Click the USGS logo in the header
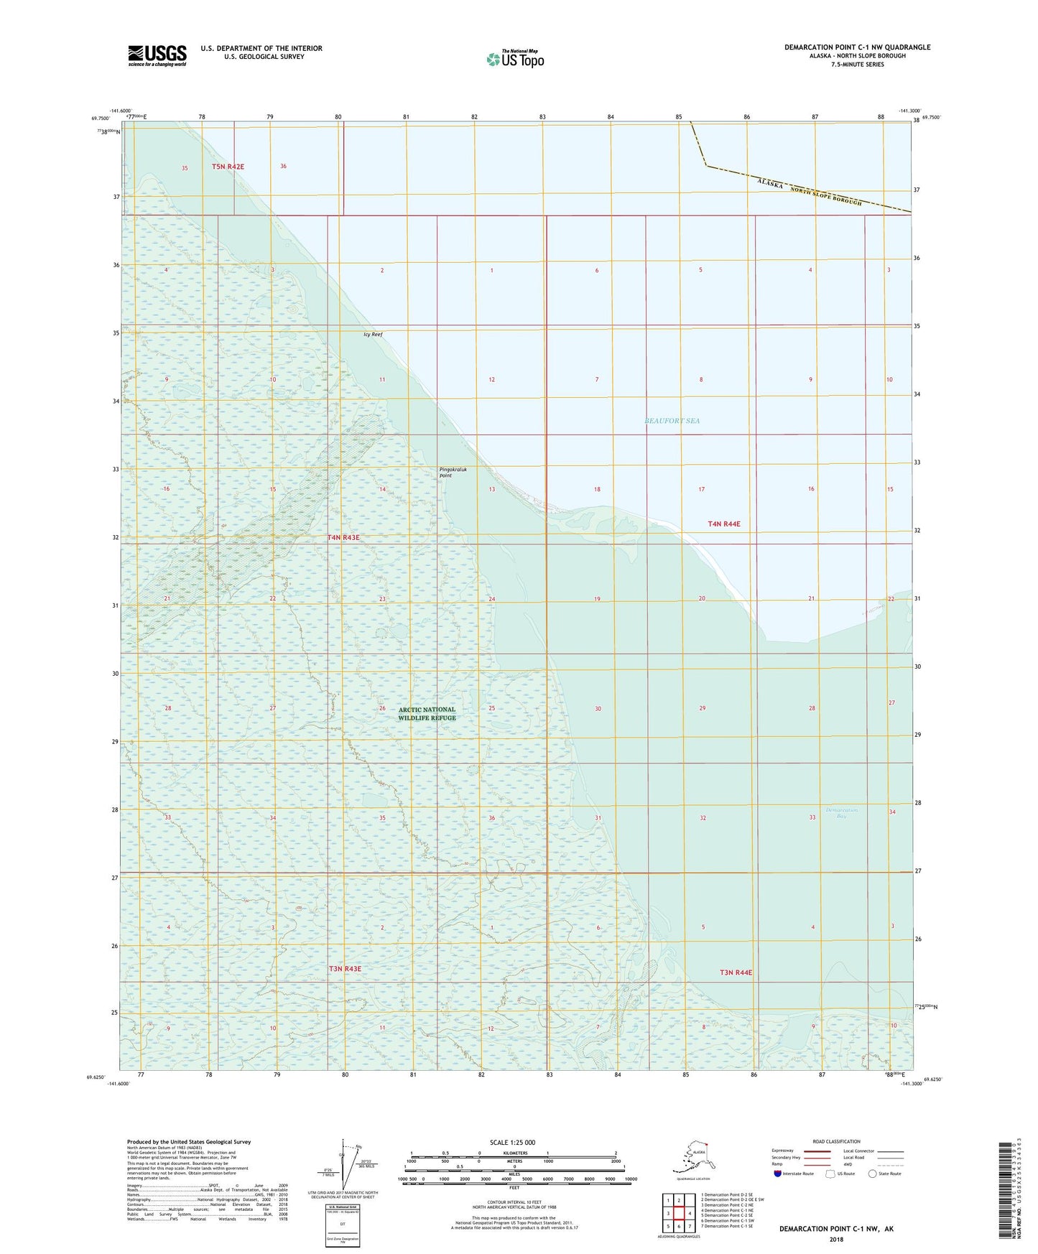(157, 55)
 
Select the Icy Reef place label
(373, 335)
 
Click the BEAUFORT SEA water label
(672, 421)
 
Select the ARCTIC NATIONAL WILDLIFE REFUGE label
(427, 713)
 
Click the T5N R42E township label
(228, 167)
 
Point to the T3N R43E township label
(345, 969)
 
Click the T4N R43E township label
(343, 537)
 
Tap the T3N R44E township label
(736, 972)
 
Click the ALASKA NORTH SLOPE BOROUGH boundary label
(809, 192)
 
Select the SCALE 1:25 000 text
(511, 1142)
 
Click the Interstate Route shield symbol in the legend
(778, 1174)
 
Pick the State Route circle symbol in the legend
(873, 1174)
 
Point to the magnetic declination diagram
(350, 1168)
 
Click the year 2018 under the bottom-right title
(836, 1239)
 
